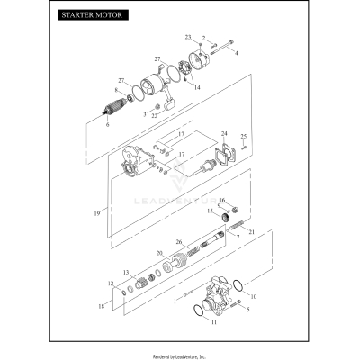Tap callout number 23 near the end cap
188,37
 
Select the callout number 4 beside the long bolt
237,54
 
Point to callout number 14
197,87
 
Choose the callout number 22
155,115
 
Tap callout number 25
244,136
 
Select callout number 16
221,200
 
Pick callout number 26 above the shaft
179,242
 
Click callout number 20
158,254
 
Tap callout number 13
127,272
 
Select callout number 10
253,295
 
